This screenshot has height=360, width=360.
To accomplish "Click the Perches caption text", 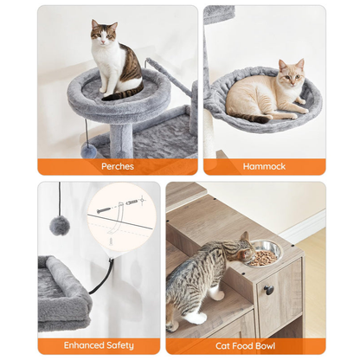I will tap(117, 166).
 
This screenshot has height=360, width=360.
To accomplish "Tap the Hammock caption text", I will tap(264, 166).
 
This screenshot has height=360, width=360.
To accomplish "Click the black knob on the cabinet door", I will tap(268, 289).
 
